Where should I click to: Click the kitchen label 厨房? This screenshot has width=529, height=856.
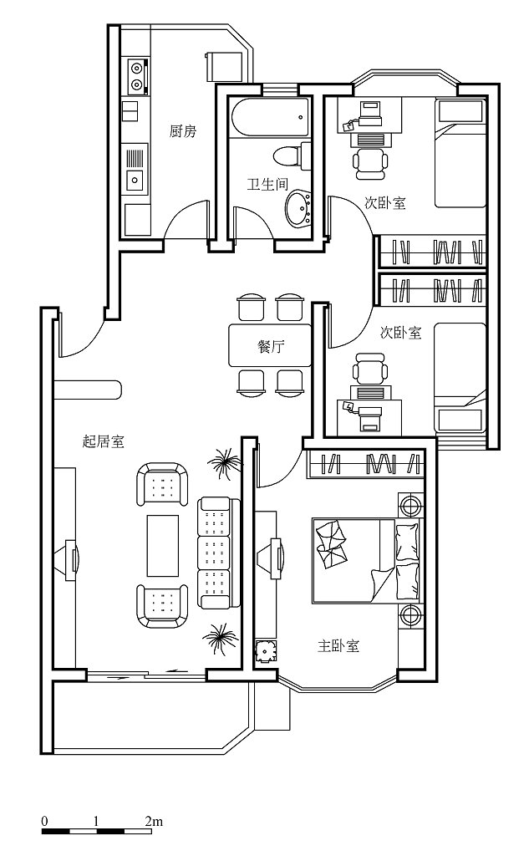coord(182,131)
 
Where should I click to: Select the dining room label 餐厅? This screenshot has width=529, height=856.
coord(271,346)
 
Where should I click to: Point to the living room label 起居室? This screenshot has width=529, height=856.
coord(103,441)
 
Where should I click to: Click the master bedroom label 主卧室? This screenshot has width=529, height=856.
coord(338,646)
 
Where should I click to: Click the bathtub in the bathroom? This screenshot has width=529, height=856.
coord(270,117)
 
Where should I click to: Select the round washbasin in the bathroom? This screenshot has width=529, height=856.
coord(298,208)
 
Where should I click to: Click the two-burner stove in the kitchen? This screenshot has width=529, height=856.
coord(138,76)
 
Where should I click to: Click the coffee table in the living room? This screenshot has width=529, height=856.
coord(163,545)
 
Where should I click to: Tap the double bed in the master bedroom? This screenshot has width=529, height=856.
coord(366,561)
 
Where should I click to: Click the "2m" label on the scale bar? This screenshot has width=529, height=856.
coord(154,821)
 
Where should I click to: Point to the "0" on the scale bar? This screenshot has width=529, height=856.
coord(45,821)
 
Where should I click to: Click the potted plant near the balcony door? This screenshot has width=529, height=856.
coord(220,639)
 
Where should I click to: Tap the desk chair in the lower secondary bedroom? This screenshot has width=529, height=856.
coord(370,369)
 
